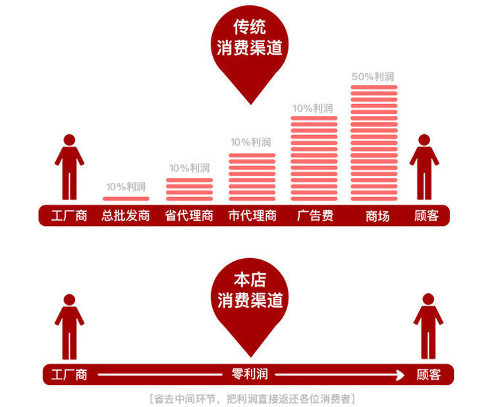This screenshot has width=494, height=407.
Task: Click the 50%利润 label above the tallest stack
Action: tap(373, 76)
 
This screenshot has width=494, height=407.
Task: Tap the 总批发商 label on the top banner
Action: tap(126, 216)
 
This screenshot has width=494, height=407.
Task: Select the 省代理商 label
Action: tap(189, 216)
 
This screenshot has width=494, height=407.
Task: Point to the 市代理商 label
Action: tap(252, 216)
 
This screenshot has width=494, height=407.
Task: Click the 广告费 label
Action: tap(315, 216)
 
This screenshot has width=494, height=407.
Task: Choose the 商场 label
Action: tap(377, 216)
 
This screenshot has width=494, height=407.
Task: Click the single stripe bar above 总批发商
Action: tap(126, 198)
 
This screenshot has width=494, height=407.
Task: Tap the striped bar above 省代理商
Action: tap(189, 189)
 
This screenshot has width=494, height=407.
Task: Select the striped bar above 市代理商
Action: tap(252, 177)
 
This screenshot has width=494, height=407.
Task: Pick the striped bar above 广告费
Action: tap(314, 159)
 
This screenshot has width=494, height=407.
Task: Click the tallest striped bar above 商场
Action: tap(374, 143)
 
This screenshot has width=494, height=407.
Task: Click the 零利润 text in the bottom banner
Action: tap(250, 374)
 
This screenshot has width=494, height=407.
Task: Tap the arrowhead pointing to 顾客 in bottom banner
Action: tap(400, 375)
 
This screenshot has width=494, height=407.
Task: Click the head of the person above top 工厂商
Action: tap(69, 140)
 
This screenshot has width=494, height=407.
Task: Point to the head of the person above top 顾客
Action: tap(424, 140)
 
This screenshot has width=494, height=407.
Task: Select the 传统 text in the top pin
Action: tap(250, 27)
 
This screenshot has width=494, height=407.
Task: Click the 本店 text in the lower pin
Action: tap(250, 280)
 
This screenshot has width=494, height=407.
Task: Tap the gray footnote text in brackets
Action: tap(252, 399)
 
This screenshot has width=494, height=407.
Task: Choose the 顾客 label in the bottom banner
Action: tap(429, 375)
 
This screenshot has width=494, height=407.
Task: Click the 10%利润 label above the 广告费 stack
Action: tap(313, 109)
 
